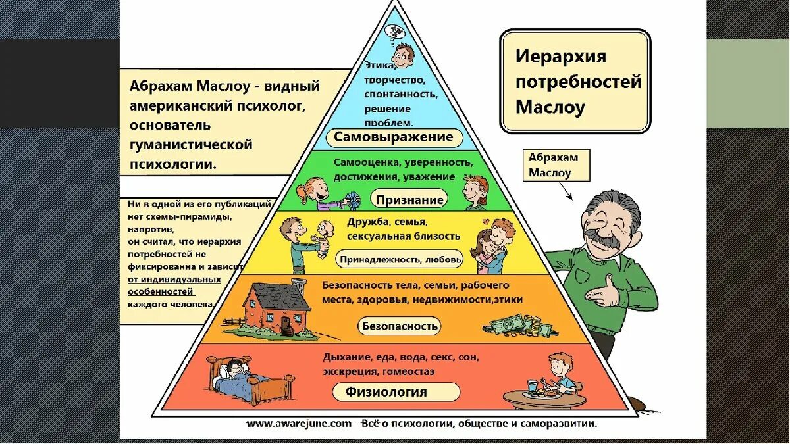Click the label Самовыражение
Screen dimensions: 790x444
tap(394, 137)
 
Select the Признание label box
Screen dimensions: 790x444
tap(410, 199)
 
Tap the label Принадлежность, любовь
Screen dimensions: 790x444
tap(400, 260)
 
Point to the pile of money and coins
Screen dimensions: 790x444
tap(517, 324)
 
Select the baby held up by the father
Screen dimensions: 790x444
tap(323, 236)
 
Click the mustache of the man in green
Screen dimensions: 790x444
tap(604, 239)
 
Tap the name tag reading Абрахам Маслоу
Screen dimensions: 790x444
tap(553, 165)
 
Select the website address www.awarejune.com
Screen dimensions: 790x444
tap(300, 424)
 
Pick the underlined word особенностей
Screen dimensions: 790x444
tap(161, 291)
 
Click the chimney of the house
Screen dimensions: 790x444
tap(300, 287)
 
